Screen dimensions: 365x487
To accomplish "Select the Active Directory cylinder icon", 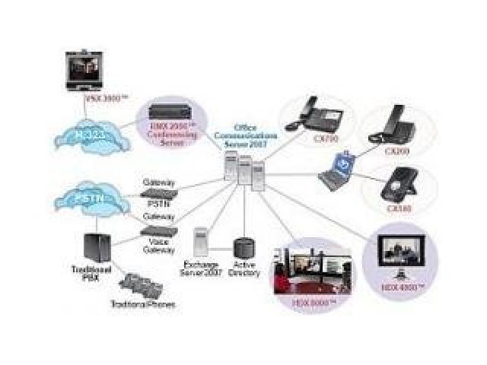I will tap(243, 249).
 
